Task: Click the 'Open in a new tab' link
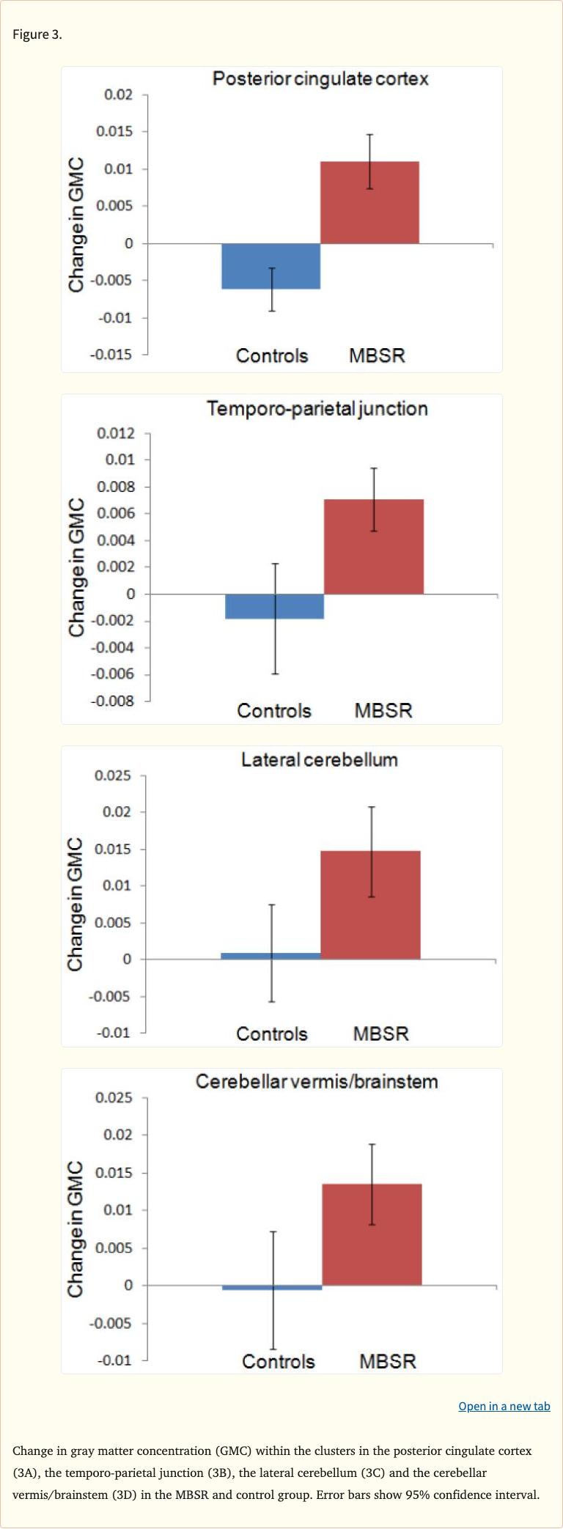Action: [504, 1406]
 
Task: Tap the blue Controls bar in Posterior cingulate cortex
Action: [271, 266]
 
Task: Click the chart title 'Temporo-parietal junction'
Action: [317, 408]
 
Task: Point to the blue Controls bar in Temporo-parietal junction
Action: [274, 606]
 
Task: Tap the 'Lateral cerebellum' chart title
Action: [320, 760]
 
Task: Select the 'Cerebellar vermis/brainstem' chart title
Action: [317, 1082]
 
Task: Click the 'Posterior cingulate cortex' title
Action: [320, 79]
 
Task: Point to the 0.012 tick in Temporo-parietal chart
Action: [116, 433]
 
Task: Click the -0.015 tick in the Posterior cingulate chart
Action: [111, 355]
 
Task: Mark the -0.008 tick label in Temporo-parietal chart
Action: [113, 701]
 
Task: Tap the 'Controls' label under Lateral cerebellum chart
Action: [272, 1034]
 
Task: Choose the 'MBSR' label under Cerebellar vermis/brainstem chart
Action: [387, 1361]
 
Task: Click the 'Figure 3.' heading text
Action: [37, 34]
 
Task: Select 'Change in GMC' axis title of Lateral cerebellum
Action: [76, 904]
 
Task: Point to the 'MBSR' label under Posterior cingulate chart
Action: [377, 355]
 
